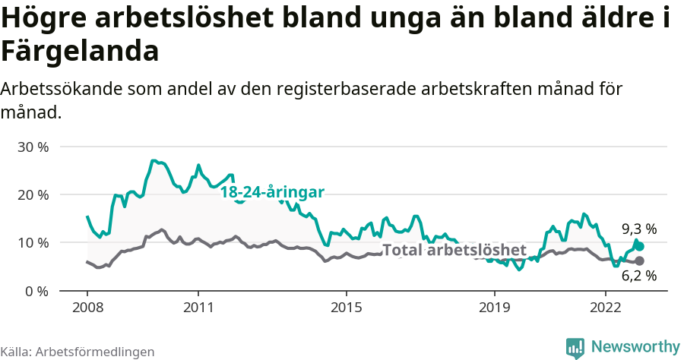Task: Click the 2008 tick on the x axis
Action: pos(87,308)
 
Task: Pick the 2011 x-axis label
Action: pos(198,308)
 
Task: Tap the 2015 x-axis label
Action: pos(346,308)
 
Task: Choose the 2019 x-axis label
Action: pos(494,308)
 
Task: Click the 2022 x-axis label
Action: pos(605,308)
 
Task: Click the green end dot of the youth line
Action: pos(640,246)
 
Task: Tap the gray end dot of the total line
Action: pos(639,261)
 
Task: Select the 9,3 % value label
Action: pos(638,229)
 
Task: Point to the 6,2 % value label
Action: pos(638,276)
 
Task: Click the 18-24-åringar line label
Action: pos(272,192)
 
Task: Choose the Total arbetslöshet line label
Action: pos(454,250)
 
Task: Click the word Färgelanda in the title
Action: pos(80,52)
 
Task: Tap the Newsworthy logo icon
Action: pos(575,347)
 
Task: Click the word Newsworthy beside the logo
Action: pos(635,347)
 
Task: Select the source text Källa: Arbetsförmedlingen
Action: pos(78,352)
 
